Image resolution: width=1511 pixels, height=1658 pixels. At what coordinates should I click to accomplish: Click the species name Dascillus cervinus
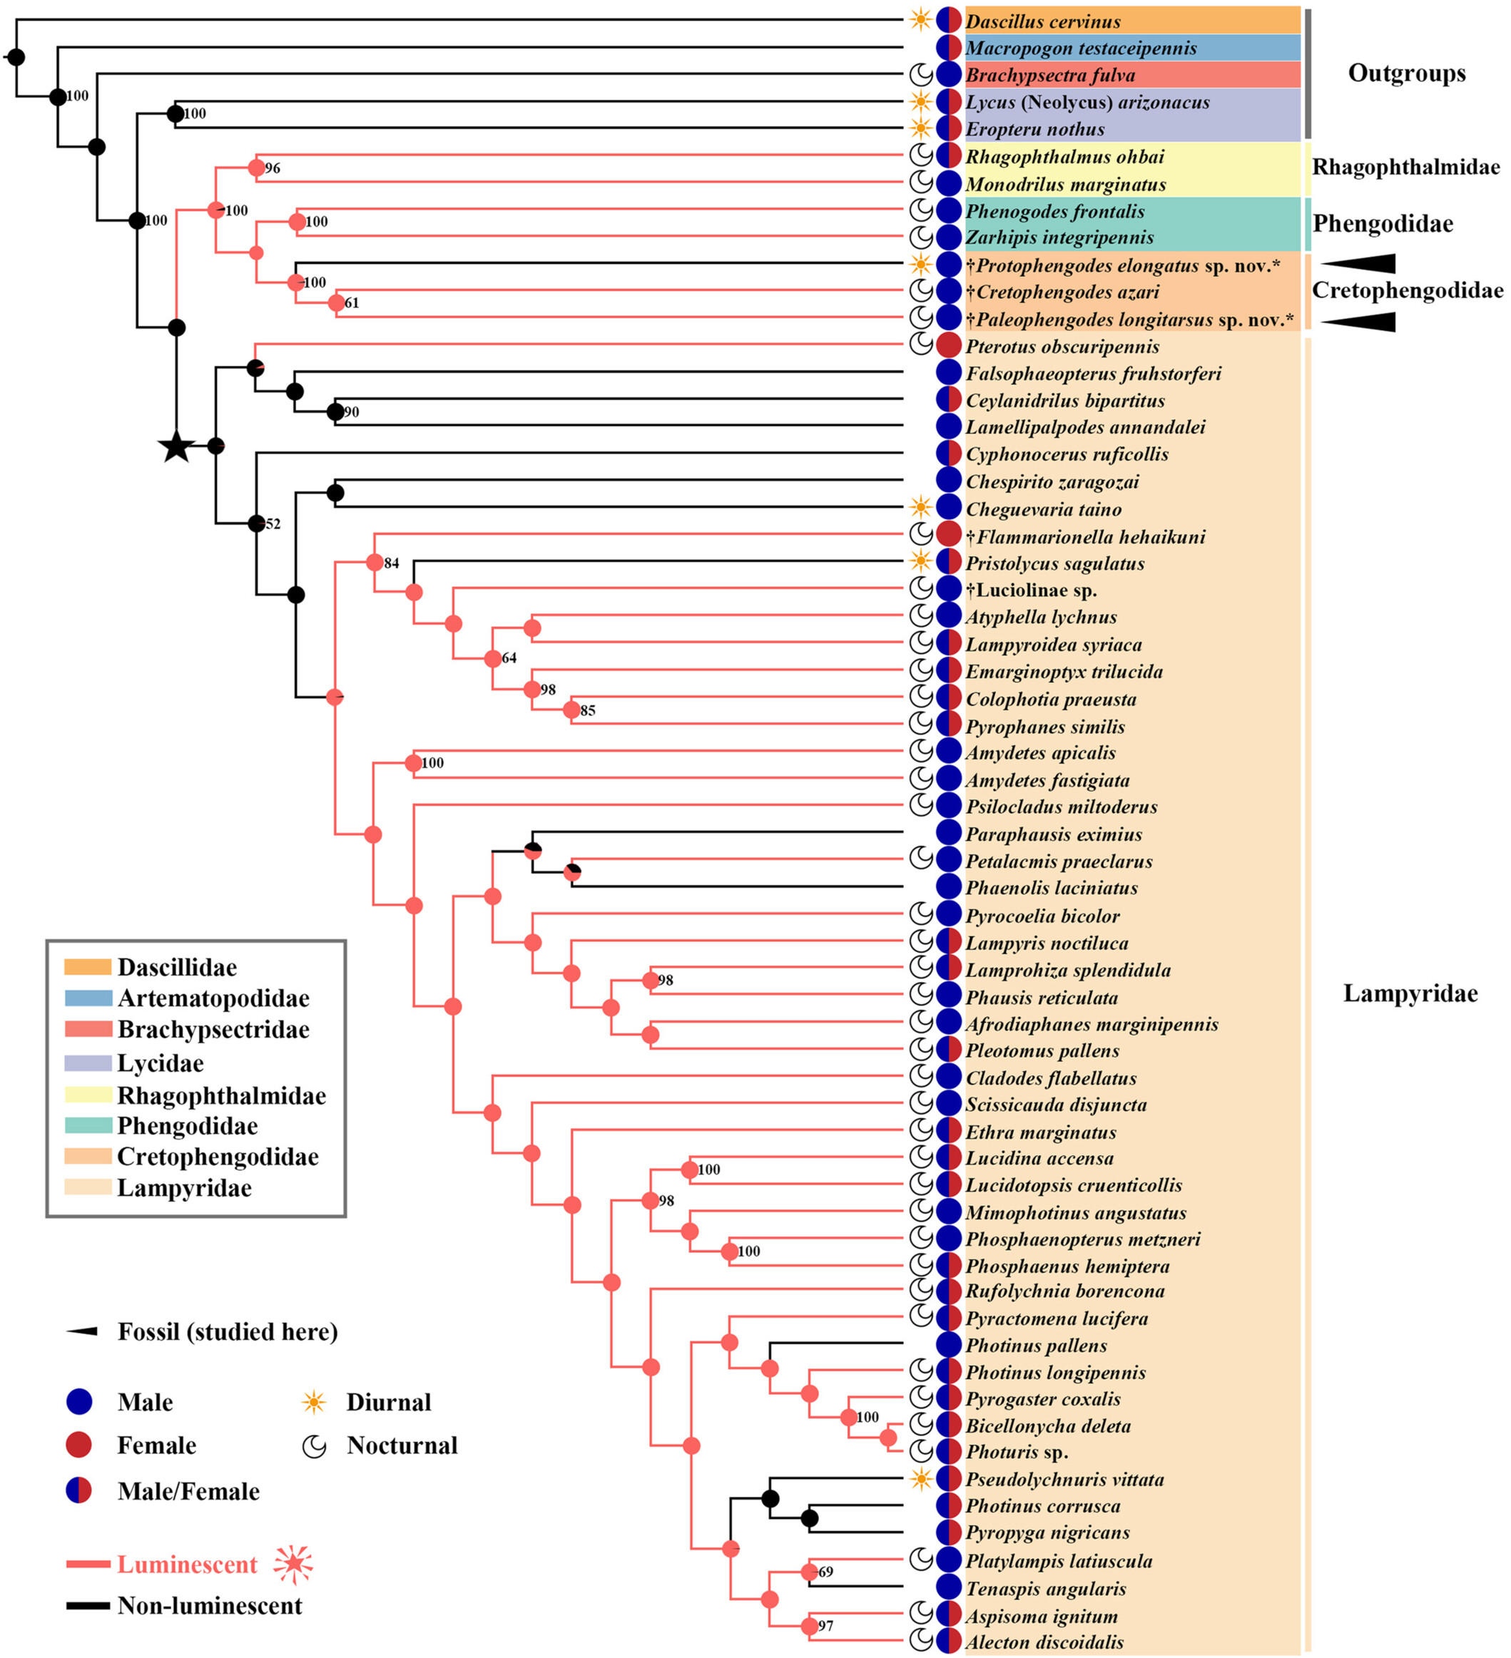coord(1042,21)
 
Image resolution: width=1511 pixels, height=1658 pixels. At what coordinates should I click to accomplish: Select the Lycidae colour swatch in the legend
coord(88,1063)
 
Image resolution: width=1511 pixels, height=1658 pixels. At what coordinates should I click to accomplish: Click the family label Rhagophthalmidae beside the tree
coord(1405,167)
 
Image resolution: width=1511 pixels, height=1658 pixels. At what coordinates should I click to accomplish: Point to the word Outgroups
coord(1407,73)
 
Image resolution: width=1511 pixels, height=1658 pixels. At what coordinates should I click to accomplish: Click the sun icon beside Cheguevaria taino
coord(921,508)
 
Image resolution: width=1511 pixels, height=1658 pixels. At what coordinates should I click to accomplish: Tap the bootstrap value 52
coord(273,524)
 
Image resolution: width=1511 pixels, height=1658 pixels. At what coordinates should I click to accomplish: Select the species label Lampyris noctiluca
coord(1047,943)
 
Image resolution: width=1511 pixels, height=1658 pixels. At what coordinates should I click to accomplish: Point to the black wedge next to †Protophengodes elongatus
coord(1359,263)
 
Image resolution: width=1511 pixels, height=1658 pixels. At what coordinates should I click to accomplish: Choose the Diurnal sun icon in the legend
coord(313,1402)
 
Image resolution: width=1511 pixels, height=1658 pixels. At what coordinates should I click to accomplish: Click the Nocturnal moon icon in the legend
coord(314,1445)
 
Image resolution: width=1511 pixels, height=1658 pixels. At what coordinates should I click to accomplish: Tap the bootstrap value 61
coord(352,302)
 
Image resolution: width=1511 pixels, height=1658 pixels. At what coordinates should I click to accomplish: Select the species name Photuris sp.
coord(1017,1453)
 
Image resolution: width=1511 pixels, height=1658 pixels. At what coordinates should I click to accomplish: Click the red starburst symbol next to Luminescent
coord(294,1565)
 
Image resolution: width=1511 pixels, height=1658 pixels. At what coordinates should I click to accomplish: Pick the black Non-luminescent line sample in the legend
coord(88,1605)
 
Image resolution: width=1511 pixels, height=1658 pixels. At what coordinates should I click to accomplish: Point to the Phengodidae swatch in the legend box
coord(88,1125)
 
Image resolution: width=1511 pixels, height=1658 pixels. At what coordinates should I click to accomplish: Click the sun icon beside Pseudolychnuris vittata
coord(921,1479)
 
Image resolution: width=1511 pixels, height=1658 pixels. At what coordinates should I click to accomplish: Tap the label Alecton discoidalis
coord(1044,1642)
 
